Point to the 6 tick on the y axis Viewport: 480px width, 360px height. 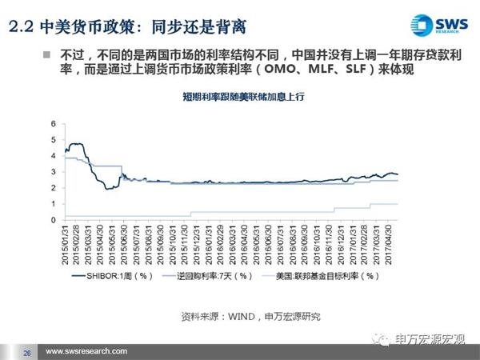tap(54, 124)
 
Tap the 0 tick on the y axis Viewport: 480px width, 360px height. tap(54, 220)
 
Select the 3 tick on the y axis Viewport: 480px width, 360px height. tap(54, 172)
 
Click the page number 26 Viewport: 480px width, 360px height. tap(26, 352)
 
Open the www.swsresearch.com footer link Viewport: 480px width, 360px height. tap(87, 352)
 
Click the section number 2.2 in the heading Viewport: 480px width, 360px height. tap(21, 29)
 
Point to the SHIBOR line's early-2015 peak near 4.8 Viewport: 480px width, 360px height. tap(77, 144)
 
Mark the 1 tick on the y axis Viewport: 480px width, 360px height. tap(54, 204)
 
